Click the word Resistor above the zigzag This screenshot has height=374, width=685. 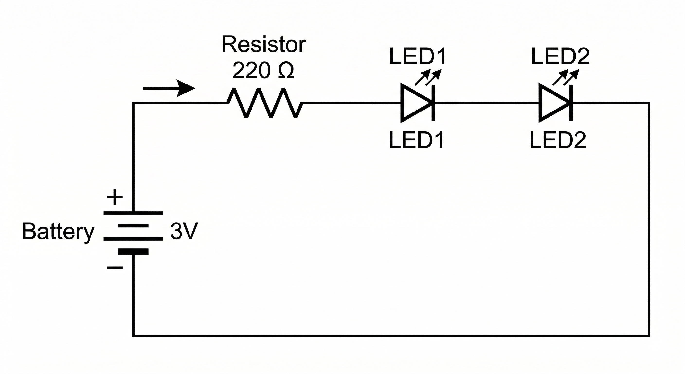click(x=263, y=45)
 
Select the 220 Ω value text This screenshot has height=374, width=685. click(x=263, y=71)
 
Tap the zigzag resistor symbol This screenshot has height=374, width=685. click(x=265, y=103)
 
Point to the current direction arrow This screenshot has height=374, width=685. click(x=169, y=88)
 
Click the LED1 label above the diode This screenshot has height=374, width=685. click(x=417, y=56)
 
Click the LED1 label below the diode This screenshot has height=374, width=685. click(x=416, y=140)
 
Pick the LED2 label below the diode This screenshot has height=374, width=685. click(x=558, y=140)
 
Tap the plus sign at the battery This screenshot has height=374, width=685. click(x=115, y=197)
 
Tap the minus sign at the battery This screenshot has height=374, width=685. click(x=115, y=268)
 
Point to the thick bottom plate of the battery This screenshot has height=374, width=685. click(x=133, y=252)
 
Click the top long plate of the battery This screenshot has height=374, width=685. click(x=133, y=213)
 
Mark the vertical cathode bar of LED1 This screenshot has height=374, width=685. click(x=433, y=103)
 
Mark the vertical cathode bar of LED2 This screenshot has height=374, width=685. click(x=571, y=103)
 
